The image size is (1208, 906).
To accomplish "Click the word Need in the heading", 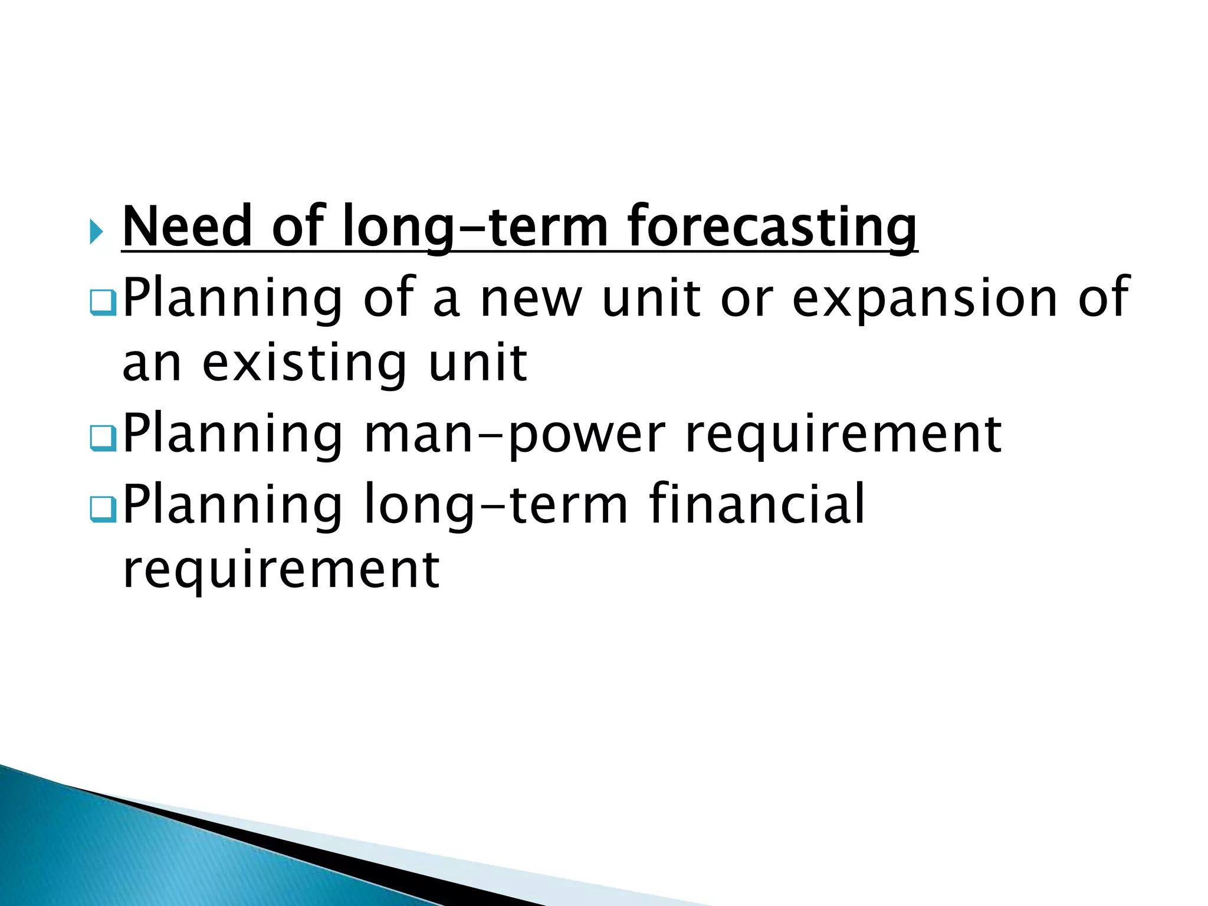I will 188,226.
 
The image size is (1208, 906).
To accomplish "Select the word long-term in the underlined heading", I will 475,228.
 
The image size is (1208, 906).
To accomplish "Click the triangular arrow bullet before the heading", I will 97,231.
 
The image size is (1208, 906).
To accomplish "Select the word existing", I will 304,365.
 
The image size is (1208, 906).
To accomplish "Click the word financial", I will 757,504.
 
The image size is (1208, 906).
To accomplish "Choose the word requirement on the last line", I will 281,571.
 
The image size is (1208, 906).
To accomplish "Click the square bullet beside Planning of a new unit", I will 103,303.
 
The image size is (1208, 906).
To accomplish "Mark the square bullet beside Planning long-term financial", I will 103,508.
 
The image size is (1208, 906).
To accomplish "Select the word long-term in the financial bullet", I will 495,505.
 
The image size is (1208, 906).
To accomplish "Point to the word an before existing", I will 152,365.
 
